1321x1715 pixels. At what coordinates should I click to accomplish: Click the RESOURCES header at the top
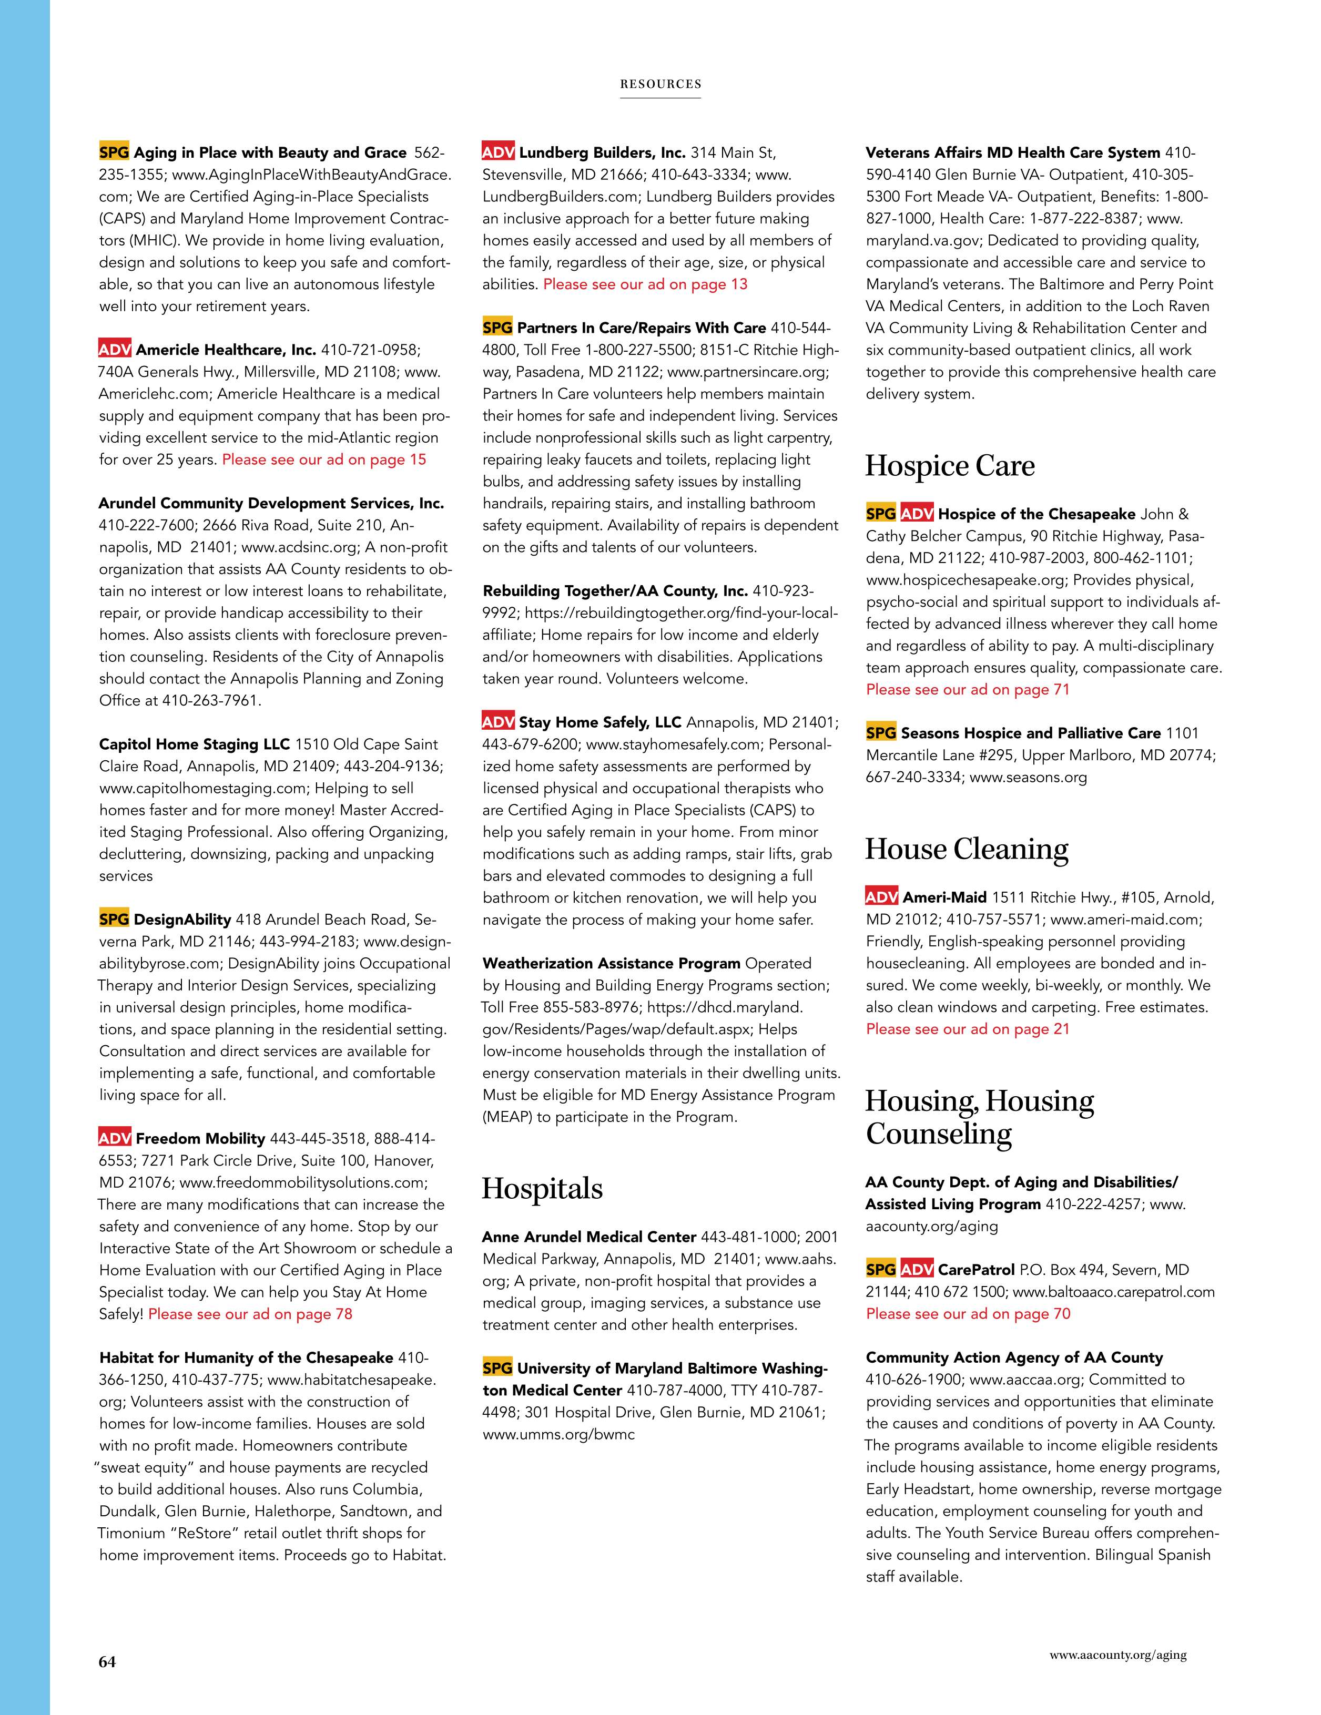pos(660,84)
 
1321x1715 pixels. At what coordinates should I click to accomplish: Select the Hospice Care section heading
pos(950,466)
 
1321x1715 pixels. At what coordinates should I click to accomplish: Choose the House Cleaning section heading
pos(966,849)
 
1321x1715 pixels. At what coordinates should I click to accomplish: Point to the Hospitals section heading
pos(542,1188)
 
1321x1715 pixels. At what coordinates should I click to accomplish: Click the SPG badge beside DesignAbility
pos(114,919)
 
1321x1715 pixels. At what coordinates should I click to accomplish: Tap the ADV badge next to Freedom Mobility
pos(115,1138)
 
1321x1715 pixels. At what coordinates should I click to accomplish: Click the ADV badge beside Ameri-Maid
pos(881,897)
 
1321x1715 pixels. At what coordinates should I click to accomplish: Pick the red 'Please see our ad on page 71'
pos(968,689)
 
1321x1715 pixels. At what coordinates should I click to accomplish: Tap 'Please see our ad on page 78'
pos(250,1314)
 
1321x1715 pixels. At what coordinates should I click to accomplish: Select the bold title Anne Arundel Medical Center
pos(589,1237)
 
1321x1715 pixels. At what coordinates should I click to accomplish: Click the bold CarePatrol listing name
pos(976,1270)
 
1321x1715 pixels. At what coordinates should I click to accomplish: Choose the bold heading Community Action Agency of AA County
pos(1014,1357)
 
